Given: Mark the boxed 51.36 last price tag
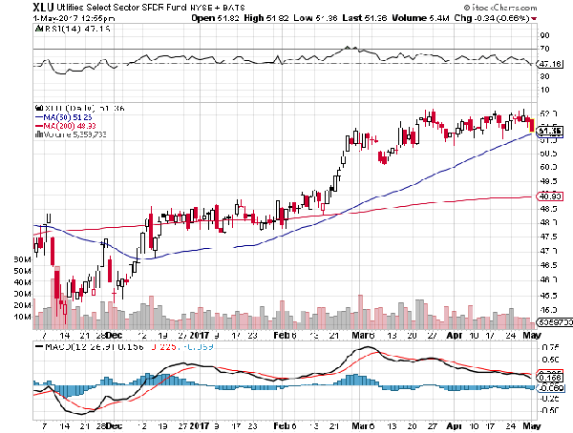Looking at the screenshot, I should [x=548, y=131].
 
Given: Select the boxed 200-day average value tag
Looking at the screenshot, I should [x=548, y=196].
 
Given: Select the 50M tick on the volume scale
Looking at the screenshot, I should [x=17, y=271].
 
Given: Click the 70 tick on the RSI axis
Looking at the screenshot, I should [x=543, y=48].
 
